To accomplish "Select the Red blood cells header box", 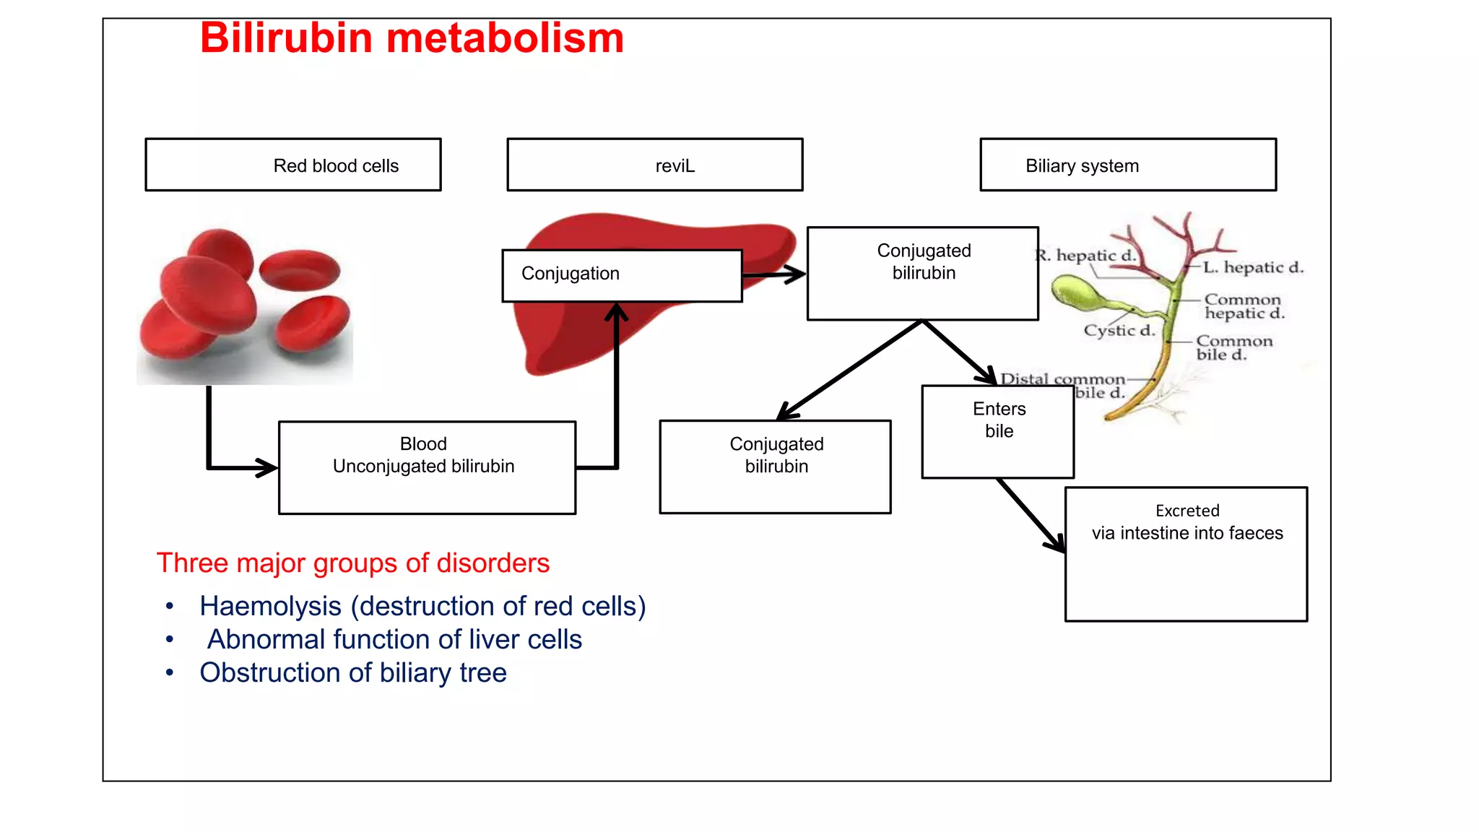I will click(293, 165).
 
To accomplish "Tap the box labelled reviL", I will click(654, 165).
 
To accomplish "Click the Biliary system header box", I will click(1127, 165).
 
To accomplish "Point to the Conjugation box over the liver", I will click(621, 275).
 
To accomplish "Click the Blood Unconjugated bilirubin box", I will click(427, 467).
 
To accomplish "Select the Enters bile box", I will click(997, 431).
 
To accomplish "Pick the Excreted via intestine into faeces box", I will click(1186, 553).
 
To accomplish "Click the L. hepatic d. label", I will click(1253, 267).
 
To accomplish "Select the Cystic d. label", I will click(1119, 331).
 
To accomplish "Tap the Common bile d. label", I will click(1233, 347).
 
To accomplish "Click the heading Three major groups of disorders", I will click(352, 563).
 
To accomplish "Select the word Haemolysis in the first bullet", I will click(270, 606).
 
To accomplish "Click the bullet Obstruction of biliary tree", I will click(352, 672).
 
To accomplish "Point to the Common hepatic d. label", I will click(1244, 306).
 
